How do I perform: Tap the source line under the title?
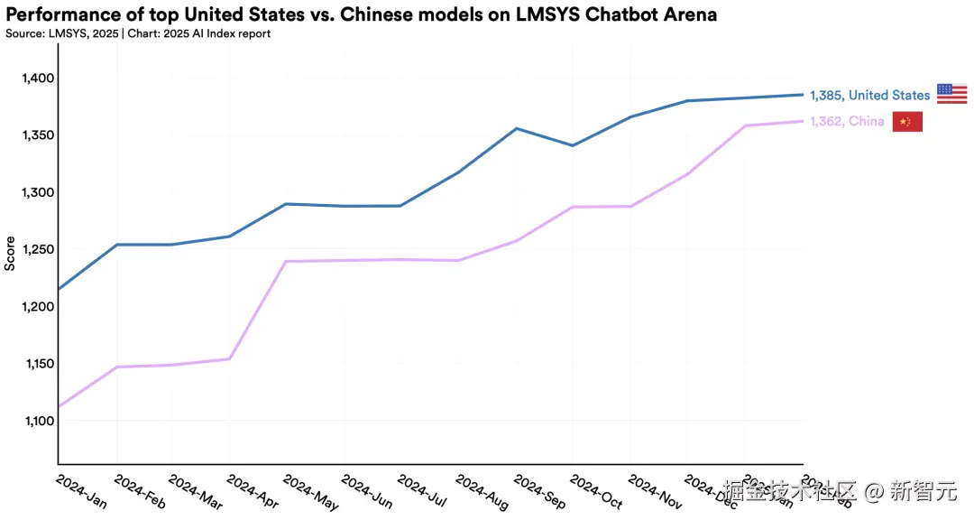point(138,33)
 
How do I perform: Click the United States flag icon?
point(951,93)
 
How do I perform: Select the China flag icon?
point(907,122)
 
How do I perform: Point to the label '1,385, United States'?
point(869,95)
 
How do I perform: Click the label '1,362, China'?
point(846,122)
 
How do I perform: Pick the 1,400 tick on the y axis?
point(38,79)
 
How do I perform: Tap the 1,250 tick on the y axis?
point(38,250)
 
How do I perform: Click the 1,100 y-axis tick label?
point(38,421)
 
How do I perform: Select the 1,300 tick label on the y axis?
point(38,192)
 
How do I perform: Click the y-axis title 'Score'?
point(10,254)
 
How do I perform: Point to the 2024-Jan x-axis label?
point(81,491)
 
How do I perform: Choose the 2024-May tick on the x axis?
point(311,491)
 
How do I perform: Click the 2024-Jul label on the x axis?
point(426,491)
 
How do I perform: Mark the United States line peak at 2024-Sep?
point(516,128)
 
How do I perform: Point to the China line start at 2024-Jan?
point(59,407)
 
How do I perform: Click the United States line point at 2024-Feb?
point(116,245)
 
